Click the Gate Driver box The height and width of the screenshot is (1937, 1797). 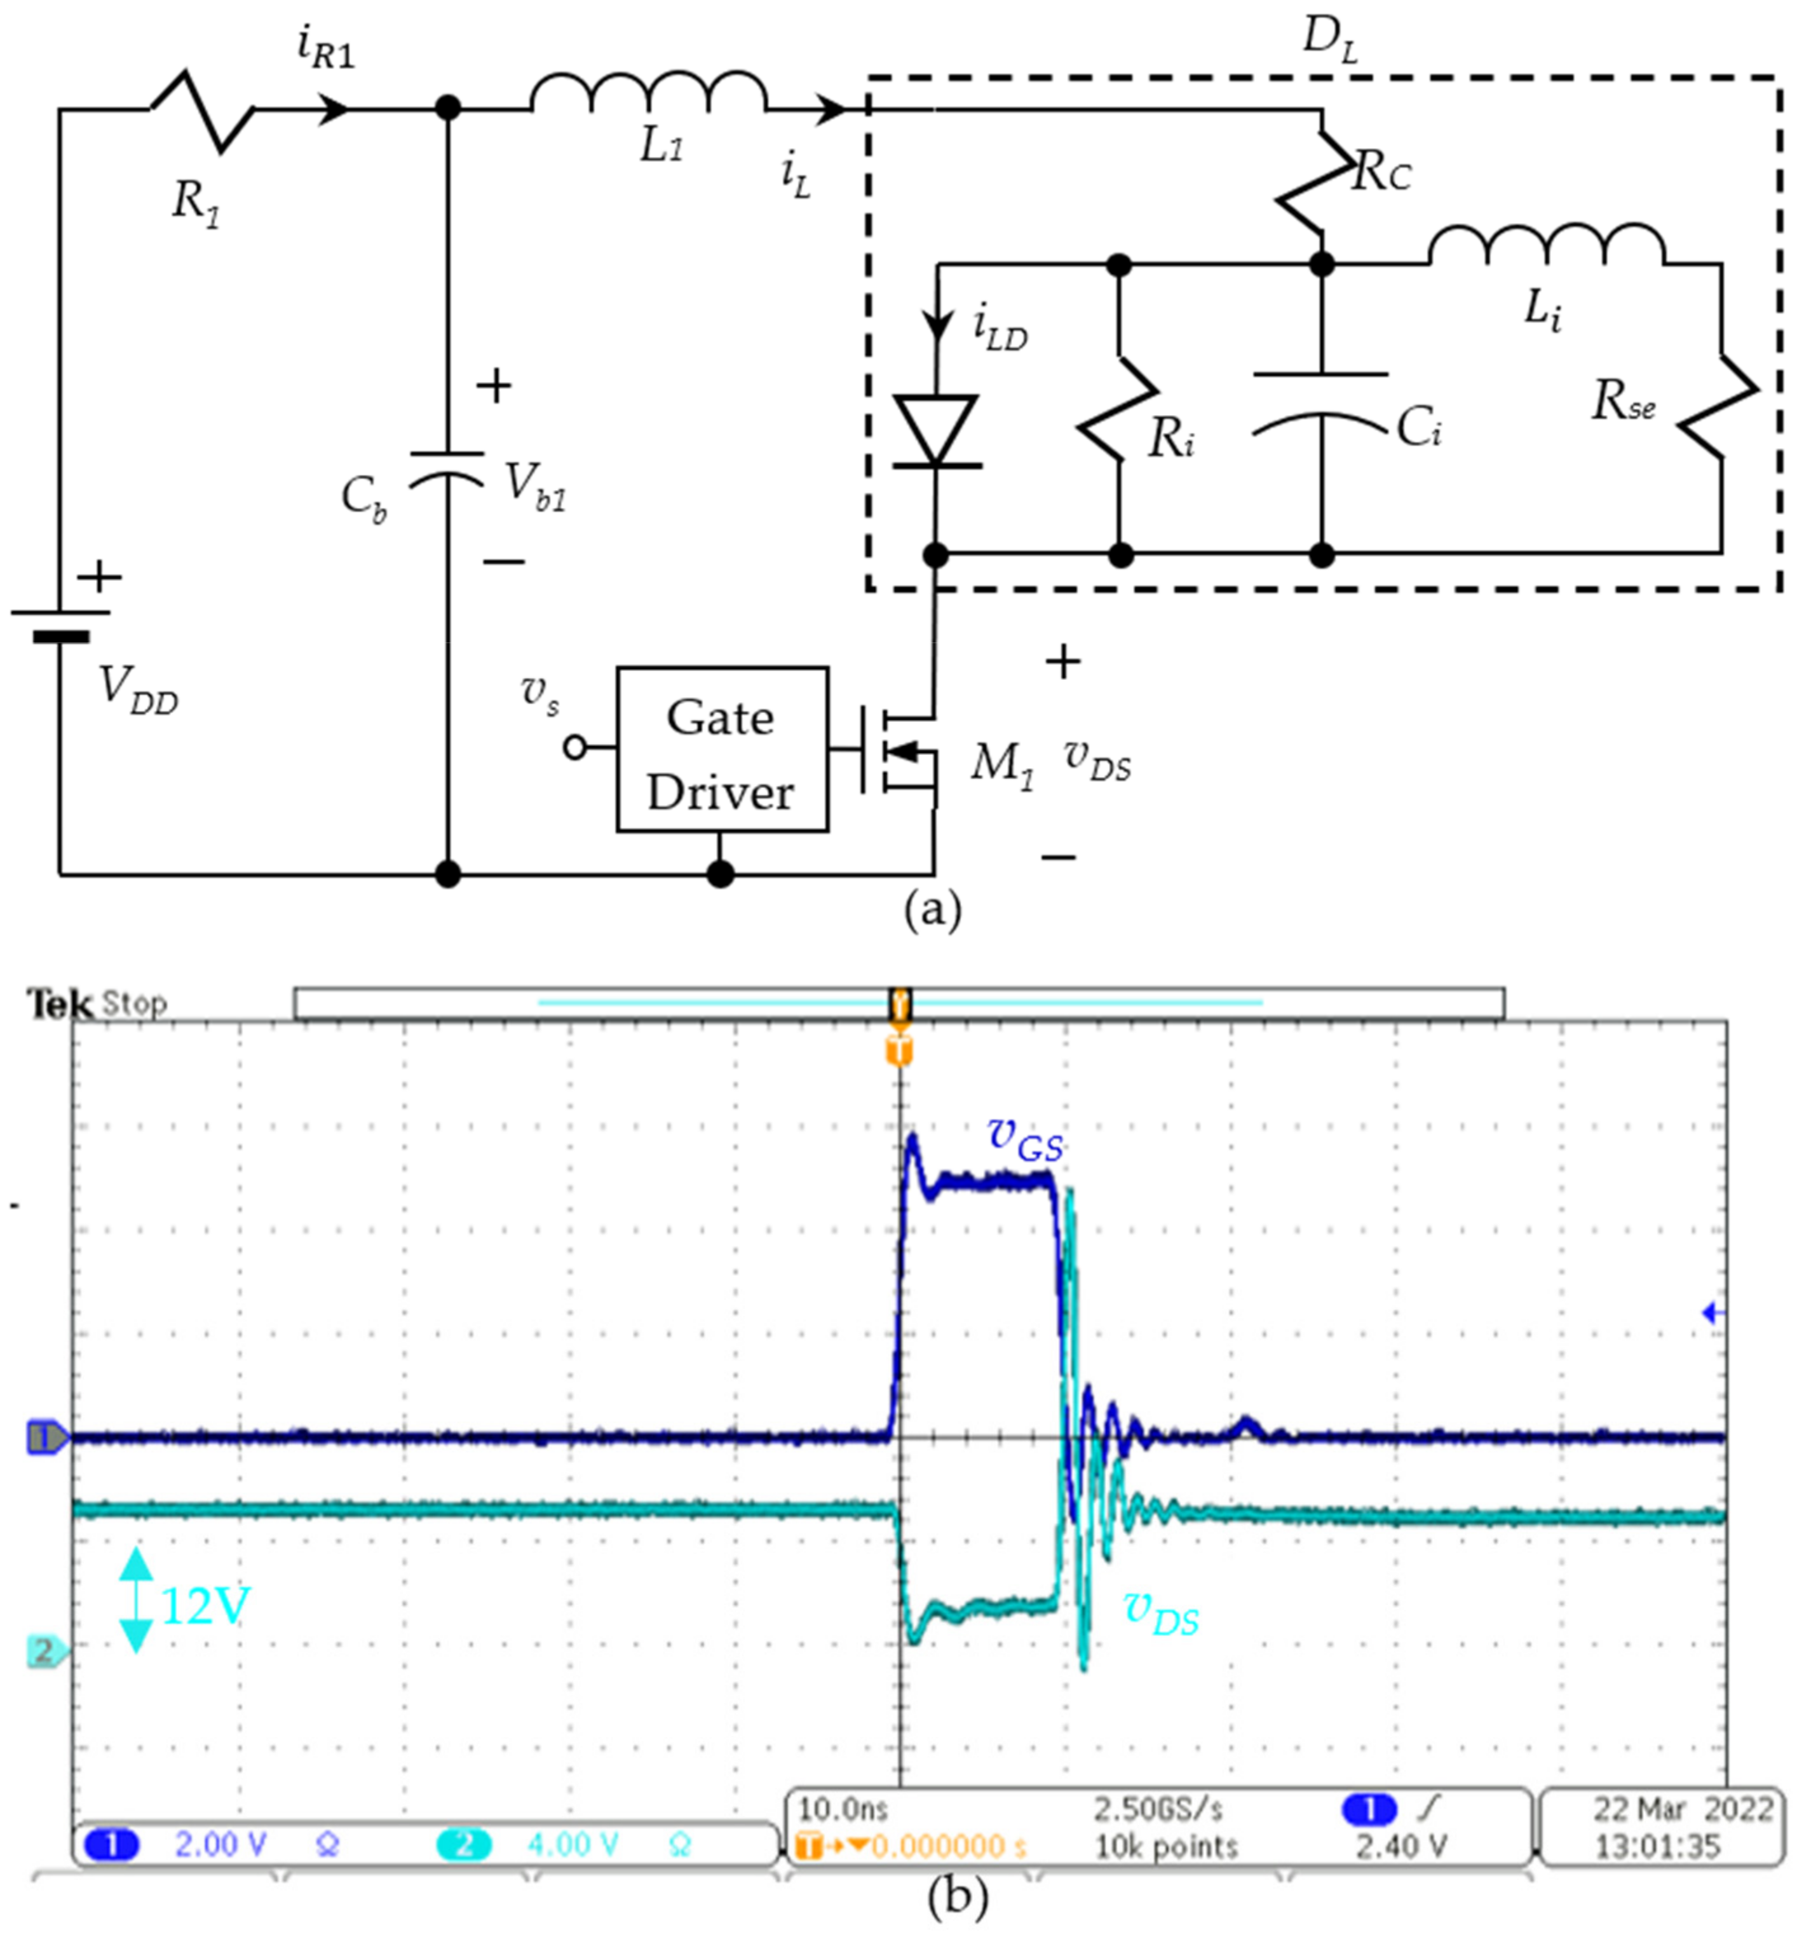click(721, 749)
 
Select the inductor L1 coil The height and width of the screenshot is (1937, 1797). click(649, 94)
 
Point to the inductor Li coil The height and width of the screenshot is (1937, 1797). click(1546, 247)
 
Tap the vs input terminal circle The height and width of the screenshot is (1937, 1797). click(574, 748)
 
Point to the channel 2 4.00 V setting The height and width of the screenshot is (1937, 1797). click(572, 1845)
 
